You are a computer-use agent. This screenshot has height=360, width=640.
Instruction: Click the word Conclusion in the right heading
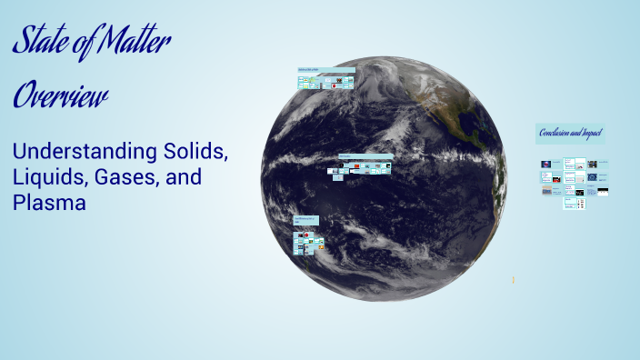(x=555, y=134)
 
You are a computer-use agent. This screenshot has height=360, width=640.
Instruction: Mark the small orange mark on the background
(x=514, y=280)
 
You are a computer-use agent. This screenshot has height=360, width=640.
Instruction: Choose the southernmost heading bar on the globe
(x=308, y=220)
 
